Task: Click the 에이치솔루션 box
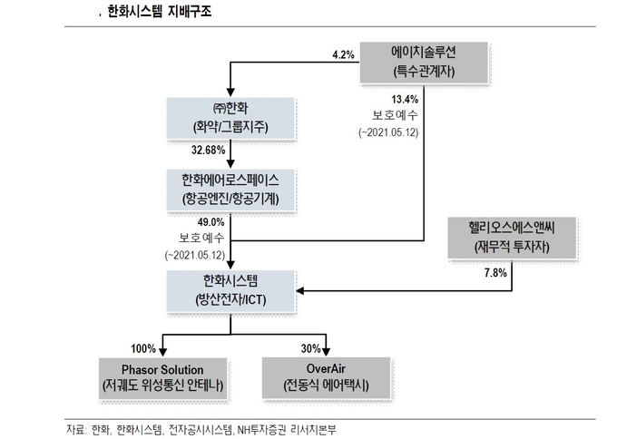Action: [424, 63]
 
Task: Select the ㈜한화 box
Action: [230, 118]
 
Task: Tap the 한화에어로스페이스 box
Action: [230, 190]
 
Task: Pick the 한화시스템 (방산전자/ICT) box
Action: [230, 291]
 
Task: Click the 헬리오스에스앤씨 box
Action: [512, 238]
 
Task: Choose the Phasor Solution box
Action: [163, 379]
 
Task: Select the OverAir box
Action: [327, 378]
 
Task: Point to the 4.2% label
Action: [343, 54]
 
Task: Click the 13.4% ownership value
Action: [405, 100]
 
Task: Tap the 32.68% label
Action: [208, 150]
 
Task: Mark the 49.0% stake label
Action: [211, 222]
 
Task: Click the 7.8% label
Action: [495, 273]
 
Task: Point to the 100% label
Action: [143, 348]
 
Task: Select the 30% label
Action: [311, 348]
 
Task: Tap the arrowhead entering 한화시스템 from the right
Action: [299, 291]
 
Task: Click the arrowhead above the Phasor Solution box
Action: [163, 352]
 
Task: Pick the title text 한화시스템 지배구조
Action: [160, 12]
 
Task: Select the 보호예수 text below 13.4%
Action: [395, 115]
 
